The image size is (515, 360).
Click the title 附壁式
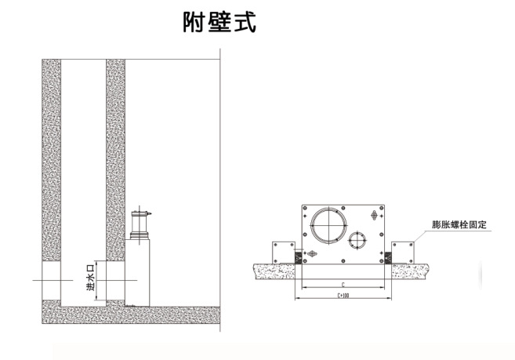pos(219,23)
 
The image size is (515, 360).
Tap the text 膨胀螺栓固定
pos(459,225)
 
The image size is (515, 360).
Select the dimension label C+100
pos(343,296)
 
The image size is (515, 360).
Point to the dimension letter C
pos(343,285)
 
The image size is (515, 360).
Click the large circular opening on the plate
pos(328,225)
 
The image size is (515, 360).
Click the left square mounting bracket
pos(284,253)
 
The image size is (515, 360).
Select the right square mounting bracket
pos(403,253)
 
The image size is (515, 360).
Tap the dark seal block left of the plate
pos(298,257)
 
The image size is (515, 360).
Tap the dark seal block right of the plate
pos(388,257)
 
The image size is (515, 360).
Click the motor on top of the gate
pos(140,225)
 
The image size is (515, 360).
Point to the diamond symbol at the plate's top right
pos(374,216)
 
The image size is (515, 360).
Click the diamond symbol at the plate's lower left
pos(312,253)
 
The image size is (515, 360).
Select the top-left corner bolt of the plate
pos(305,208)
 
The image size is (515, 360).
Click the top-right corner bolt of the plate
pos(381,208)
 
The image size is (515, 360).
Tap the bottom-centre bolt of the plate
pos(343,261)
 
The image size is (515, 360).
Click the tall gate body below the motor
pos(137,273)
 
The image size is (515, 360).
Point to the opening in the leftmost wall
pos(51,281)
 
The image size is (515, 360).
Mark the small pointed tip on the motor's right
pos(151,214)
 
